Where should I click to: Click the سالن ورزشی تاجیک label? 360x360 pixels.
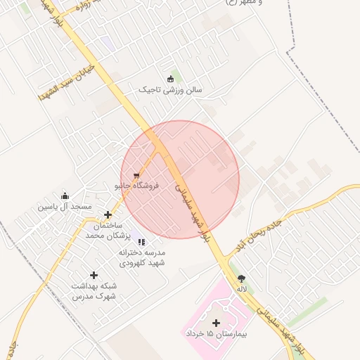tap(169, 91)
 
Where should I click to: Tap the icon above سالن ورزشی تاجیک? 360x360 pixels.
tap(169, 79)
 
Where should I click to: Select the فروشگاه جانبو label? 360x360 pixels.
tap(137, 186)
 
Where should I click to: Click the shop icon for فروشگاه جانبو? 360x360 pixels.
tap(136, 176)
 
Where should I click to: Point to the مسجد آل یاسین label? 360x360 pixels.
tap(65, 207)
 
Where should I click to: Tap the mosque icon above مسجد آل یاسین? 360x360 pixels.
tap(65, 196)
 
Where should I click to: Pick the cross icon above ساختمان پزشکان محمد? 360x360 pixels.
tap(108, 215)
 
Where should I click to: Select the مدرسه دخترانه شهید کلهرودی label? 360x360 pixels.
tap(141, 257)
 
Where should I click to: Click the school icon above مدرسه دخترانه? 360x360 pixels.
tap(141, 242)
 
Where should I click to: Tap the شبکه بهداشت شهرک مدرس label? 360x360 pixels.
tap(94, 291)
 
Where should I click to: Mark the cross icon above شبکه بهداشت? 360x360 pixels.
tap(94, 275)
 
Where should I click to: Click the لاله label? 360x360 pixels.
tap(242, 289)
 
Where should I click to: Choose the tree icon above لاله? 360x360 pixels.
tap(242, 278)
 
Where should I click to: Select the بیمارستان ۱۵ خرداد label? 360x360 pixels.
tap(216, 334)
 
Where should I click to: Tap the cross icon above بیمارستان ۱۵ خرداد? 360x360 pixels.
tap(216, 323)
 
